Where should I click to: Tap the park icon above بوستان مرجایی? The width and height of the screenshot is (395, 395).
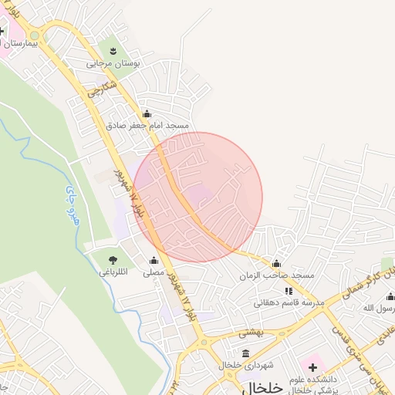[x=113, y=51]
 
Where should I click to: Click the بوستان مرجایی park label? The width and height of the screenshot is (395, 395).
[x=113, y=64]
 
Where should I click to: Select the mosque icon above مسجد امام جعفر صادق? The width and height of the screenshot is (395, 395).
[x=158, y=113]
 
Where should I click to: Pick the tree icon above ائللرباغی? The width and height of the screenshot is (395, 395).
[x=114, y=260]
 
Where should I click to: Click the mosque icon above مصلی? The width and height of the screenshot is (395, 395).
[x=154, y=261]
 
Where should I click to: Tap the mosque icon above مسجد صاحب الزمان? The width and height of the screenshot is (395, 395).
[x=276, y=264]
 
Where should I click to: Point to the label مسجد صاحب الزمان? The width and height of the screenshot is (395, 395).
[x=276, y=275]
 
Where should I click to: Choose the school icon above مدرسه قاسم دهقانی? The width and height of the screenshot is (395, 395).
[x=289, y=291]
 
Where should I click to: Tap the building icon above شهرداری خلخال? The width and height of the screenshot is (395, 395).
[x=246, y=353]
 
